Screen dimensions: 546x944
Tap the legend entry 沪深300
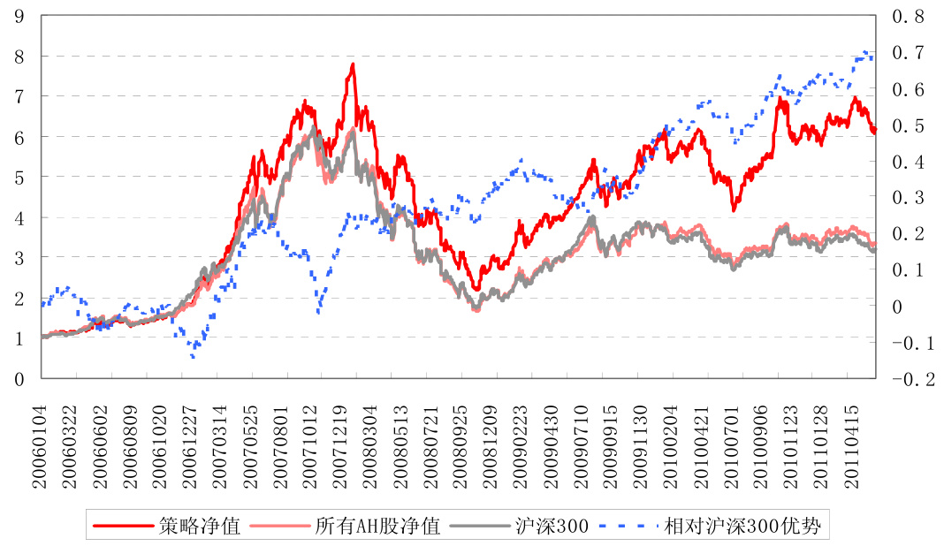(550, 527)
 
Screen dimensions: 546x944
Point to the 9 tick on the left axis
(19, 16)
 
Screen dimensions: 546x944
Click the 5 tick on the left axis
(19, 177)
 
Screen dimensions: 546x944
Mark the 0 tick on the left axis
(19, 379)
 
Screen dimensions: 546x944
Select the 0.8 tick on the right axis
(908, 16)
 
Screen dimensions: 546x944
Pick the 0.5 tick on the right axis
(908, 125)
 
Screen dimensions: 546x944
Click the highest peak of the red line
(353, 64)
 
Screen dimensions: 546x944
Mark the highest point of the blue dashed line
(864, 52)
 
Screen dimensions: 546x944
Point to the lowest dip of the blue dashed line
(193, 356)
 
